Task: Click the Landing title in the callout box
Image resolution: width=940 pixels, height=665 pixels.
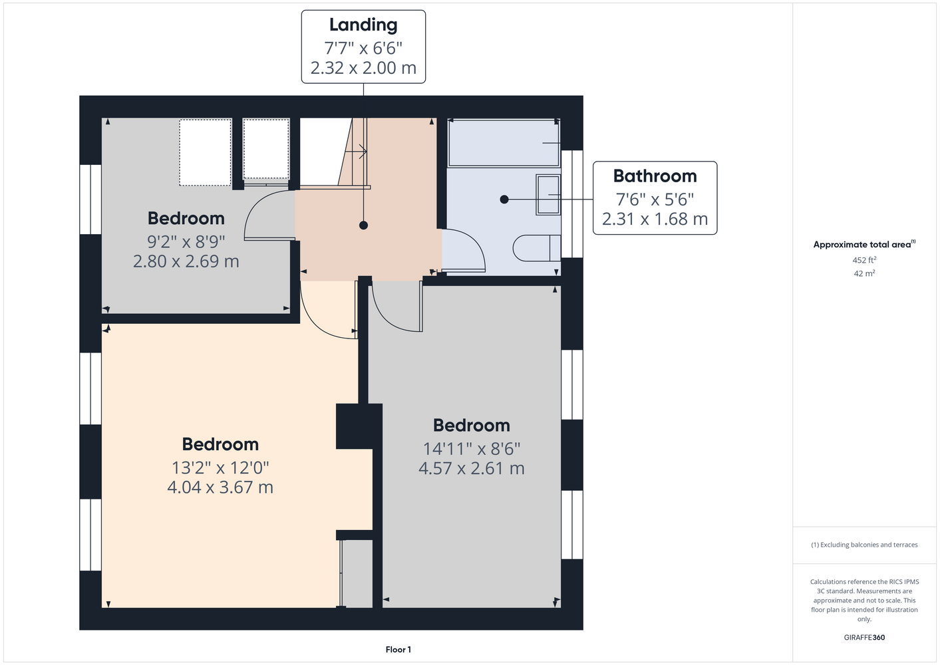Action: [363, 25]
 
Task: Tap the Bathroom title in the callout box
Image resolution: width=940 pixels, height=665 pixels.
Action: [655, 176]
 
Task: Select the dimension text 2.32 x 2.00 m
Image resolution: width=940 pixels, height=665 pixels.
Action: [363, 68]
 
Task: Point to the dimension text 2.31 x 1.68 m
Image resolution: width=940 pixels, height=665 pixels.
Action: [655, 219]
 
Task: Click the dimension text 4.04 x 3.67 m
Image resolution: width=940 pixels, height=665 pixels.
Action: [220, 487]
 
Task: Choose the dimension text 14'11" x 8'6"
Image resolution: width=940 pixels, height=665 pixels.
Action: [471, 449]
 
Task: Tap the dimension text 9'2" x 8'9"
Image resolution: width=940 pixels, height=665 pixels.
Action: [186, 241]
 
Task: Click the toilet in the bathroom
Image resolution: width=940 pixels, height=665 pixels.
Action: [537, 248]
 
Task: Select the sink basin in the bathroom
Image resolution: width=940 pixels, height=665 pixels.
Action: [548, 195]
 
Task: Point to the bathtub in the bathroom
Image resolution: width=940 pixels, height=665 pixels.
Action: [504, 143]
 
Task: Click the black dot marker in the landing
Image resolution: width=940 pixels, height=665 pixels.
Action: [363, 225]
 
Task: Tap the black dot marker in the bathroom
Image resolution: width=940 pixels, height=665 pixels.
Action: [504, 199]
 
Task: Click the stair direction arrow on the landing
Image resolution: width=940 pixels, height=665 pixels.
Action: [361, 152]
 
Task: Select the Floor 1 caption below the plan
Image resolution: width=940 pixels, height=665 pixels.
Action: [398, 650]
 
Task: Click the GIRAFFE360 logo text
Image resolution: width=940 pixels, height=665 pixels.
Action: [864, 637]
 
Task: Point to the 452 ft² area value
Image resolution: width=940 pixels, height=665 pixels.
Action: [864, 260]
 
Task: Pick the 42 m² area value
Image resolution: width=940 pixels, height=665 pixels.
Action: [864, 273]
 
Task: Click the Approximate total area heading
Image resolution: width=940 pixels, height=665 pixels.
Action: [864, 244]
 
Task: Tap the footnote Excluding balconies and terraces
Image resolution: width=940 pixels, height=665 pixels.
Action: [864, 545]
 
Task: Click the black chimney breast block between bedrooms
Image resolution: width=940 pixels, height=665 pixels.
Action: [359, 426]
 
